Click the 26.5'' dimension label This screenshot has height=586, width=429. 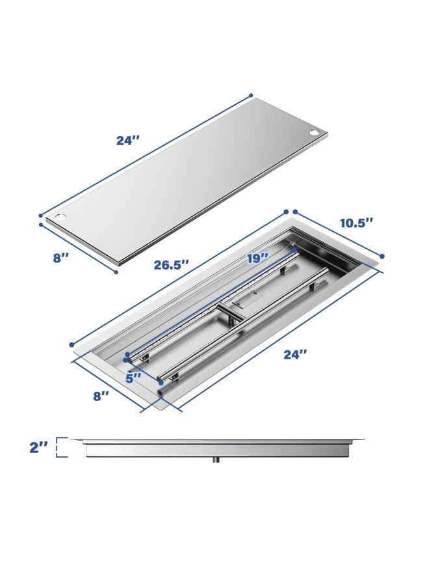[171, 264]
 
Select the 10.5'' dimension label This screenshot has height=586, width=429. [356, 223]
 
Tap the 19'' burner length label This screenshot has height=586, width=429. [257, 257]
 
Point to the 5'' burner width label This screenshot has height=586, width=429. [133, 378]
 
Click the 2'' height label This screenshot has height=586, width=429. [39, 447]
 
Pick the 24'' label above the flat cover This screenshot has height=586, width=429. [127, 140]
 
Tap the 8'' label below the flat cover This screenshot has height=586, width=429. [61, 257]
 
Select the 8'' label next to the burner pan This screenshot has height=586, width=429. [101, 396]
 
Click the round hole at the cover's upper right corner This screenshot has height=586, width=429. [314, 133]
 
